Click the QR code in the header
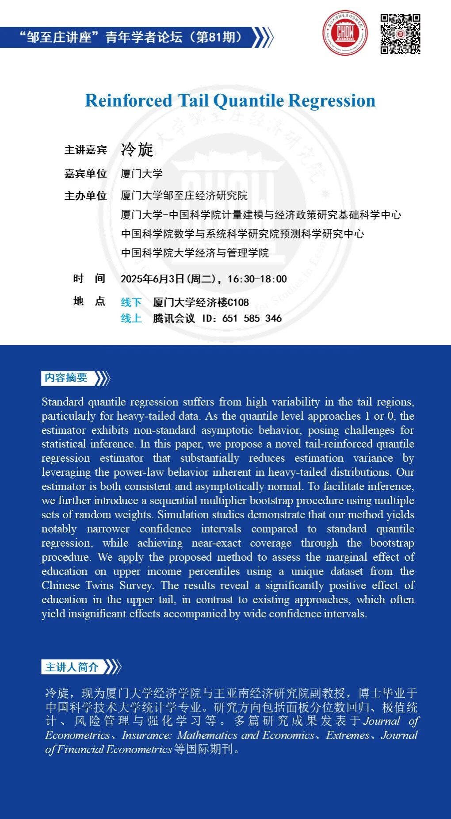(400, 34)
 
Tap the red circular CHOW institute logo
(345, 33)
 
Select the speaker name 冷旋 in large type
(137, 149)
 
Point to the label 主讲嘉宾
(86, 150)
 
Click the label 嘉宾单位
(86, 173)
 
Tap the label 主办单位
(86, 195)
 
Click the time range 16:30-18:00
(257, 279)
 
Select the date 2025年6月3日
(152, 279)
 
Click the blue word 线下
(131, 302)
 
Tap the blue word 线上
(131, 318)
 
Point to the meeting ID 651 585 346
(252, 318)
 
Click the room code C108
(238, 302)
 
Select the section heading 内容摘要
(66, 378)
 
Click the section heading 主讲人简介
(72, 667)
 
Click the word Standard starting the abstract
(62, 402)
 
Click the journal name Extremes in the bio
(348, 735)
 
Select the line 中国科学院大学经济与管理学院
(195, 253)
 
